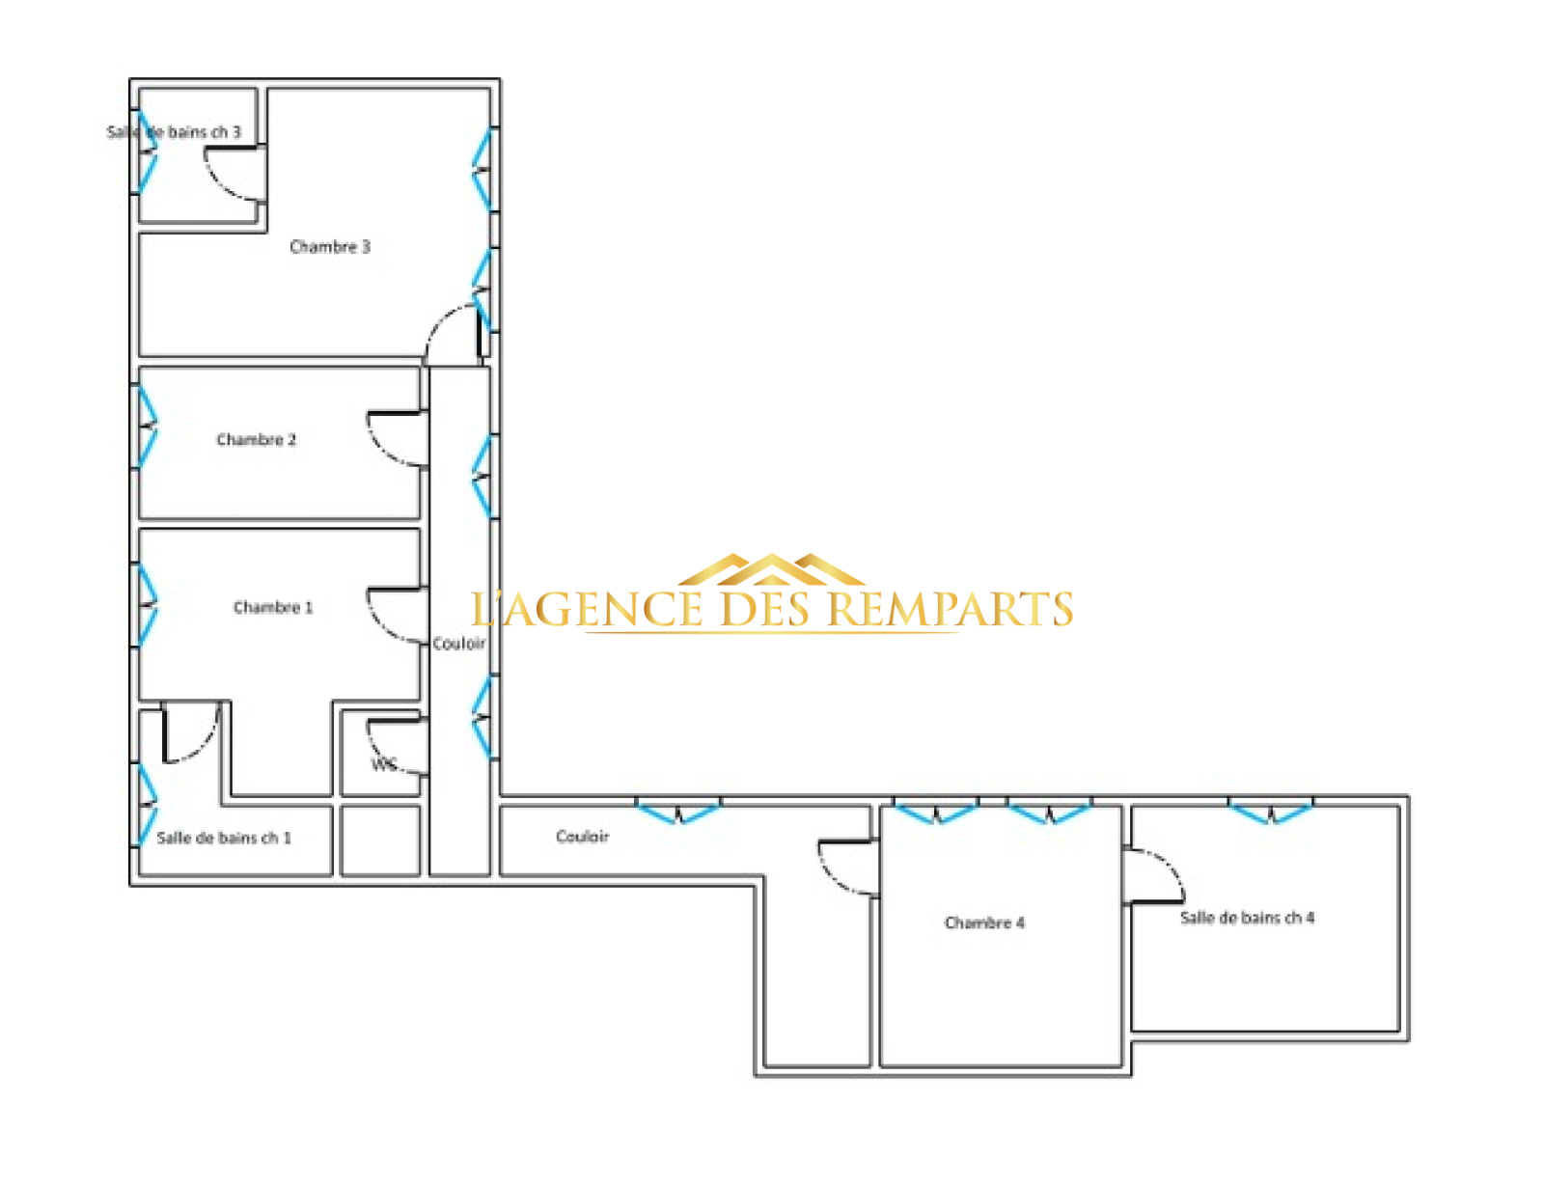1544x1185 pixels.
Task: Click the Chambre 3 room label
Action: [x=330, y=246]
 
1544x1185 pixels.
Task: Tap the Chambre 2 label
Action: [x=256, y=440]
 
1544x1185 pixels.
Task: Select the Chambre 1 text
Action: [x=273, y=607]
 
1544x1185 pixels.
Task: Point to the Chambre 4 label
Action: [x=984, y=923]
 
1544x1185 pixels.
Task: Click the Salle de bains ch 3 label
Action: [x=174, y=132]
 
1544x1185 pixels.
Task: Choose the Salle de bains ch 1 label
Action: [x=224, y=839]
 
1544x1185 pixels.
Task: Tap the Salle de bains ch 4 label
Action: [x=1247, y=918]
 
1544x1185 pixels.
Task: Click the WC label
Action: [x=384, y=764]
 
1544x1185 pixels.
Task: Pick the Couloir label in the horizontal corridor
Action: [x=583, y=837]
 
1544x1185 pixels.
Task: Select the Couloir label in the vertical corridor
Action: [x=459, y=644]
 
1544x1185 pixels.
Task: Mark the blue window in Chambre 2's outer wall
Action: [x=147, y=427]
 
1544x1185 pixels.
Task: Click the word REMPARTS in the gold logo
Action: [x=951, y=609]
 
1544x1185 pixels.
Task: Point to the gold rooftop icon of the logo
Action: [x=772, y=569]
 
